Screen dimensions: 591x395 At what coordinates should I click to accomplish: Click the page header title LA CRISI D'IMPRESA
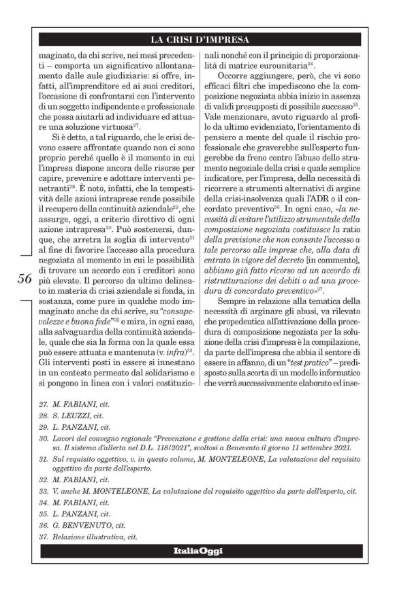click(x=197, y=39)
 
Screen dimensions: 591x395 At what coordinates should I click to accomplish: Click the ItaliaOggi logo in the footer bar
click(x=197, y=550)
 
